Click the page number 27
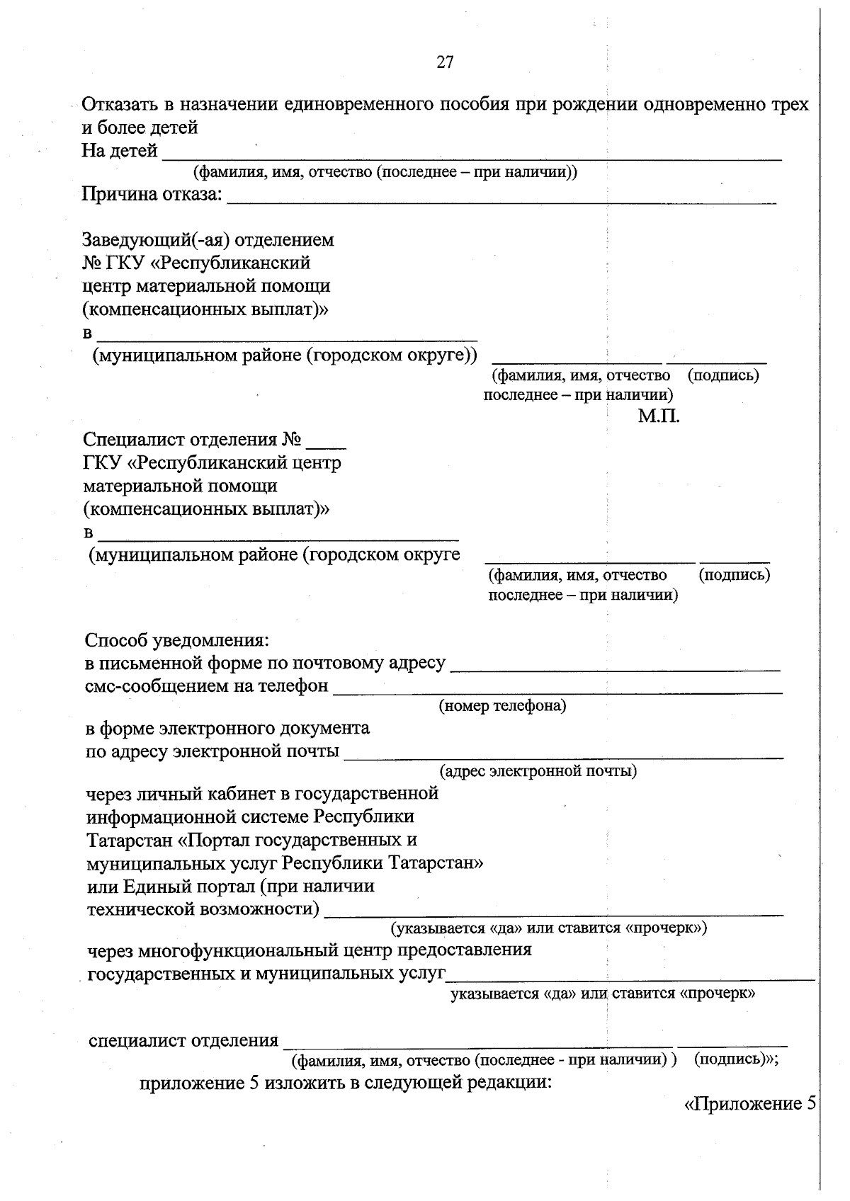tap(445, 62)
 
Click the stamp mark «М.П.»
tap(658, 416)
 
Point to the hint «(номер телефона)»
tap(502, 706)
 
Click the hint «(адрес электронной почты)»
tap(538, 770)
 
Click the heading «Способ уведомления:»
tap(177, 640)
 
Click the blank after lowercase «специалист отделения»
tap(477, 1044)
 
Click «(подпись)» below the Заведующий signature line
tap(723, 375)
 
